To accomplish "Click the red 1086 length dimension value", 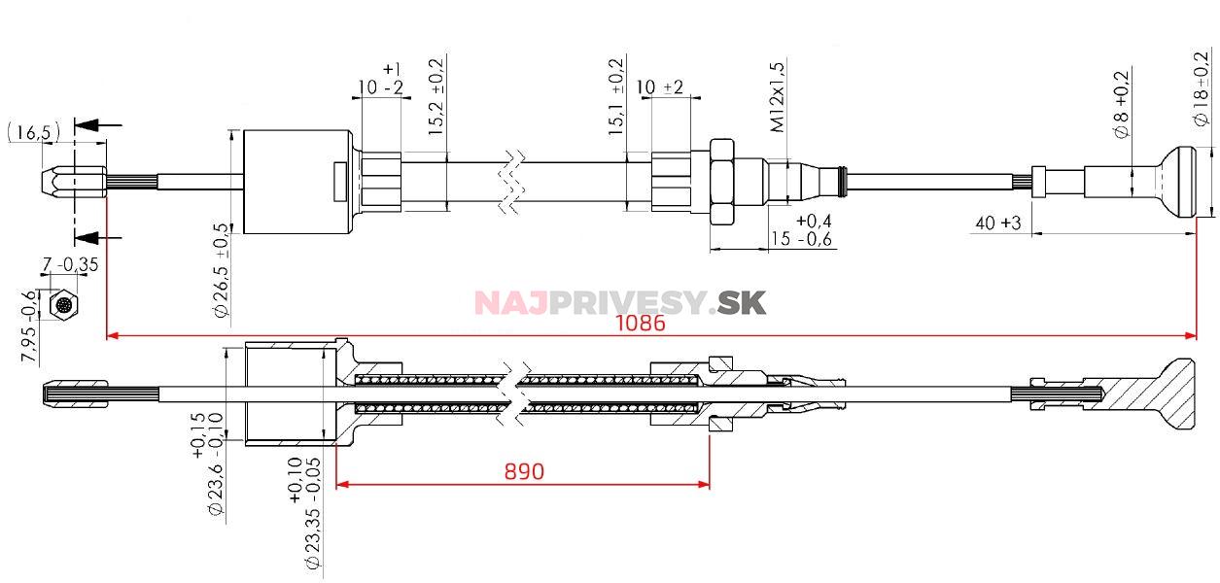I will click(x=640, y=325).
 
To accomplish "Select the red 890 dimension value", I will click(x=524, y=471).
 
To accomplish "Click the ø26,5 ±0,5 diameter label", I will click(x=221, y=271).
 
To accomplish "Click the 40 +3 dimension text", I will click(x=997, y=223).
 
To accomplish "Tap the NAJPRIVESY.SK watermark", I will click(x=620, y=303).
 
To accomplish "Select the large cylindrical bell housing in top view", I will click(x=296, y=182).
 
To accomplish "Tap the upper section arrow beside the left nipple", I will click(x=98, y=125).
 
